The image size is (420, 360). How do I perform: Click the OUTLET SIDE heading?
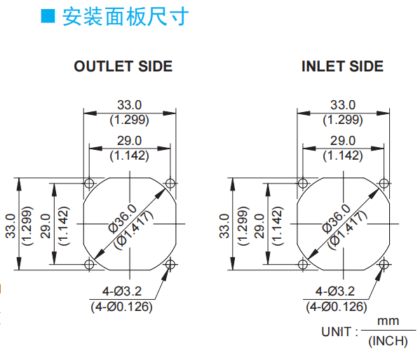123,66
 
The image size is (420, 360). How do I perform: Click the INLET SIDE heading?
342,66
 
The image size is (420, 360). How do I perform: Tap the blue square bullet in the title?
48,16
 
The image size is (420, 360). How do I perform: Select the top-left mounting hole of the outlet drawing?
89,184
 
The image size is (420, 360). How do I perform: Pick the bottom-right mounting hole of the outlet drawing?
170,265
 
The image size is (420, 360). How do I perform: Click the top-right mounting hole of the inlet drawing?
384,184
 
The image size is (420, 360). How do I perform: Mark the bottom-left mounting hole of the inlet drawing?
303,265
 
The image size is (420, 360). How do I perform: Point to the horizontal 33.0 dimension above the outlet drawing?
129,105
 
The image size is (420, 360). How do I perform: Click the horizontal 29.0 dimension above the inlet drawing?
343,141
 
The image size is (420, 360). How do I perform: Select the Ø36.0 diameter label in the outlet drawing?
123,219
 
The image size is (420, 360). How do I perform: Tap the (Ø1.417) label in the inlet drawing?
347,230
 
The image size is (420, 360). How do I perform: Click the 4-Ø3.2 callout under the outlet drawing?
121,291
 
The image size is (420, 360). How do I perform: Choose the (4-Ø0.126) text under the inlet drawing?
337,307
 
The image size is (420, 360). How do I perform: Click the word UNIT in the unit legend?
336,332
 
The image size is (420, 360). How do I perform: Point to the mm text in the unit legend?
388,321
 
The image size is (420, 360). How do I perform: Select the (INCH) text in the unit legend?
388,341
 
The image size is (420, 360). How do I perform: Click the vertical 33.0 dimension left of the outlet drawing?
11,226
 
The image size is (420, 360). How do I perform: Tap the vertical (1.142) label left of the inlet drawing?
278,226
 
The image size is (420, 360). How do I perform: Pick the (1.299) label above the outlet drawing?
129,120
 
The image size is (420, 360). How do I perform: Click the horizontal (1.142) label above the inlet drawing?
343,155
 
